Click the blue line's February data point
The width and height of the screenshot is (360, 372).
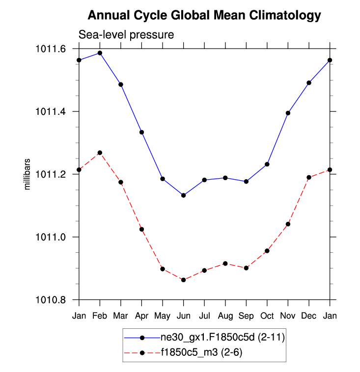click(100, 53)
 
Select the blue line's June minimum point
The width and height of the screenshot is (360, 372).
click(183, 195)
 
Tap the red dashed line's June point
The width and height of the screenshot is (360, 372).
click(183, 280)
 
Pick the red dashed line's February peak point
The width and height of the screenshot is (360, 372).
click(100, 153)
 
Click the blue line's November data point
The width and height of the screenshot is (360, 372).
click(288, 113)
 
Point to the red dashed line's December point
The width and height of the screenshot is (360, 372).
click(308, 177)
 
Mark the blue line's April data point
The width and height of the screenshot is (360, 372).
click(141, 132)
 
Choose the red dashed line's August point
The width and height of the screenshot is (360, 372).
click(225, 264)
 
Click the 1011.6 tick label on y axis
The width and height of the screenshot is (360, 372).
click(51, 49)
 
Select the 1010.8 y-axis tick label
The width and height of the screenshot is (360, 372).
click(51, 300)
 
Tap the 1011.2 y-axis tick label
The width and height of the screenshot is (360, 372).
click(51, 174)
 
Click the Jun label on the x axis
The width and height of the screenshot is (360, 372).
click(183, 316)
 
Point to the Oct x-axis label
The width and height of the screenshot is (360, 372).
click(267, 316)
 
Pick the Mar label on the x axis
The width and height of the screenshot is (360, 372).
click(120, 316)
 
